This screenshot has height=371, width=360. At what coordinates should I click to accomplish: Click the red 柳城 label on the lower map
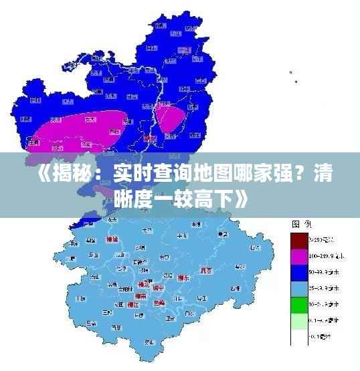pos(112,239)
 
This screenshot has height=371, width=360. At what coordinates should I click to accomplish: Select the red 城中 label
pos(159,287)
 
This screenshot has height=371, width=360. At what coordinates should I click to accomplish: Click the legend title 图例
pos(299,224)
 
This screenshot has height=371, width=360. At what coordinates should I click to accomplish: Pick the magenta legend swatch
pos(298,256)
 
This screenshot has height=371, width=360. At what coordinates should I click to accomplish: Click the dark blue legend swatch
pos(298,271)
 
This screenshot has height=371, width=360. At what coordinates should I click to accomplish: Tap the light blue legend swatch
pos(298,287)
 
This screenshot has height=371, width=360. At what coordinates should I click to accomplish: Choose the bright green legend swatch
pos(298,303)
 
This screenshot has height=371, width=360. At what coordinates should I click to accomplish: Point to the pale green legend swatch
pos(298,320)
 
